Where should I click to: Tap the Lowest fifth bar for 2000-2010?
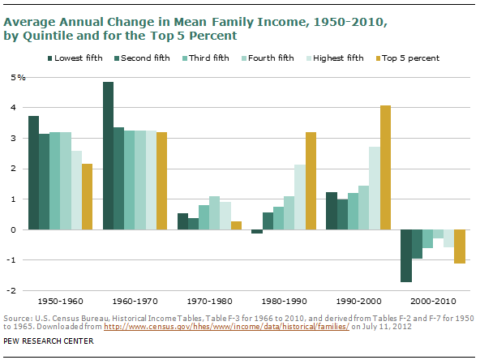click(x=406, y=255)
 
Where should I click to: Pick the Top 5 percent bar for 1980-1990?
click(x=311, y=181)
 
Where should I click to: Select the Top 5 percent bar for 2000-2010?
click(x=460, y=246)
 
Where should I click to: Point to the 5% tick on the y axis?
click(x=16, y=77)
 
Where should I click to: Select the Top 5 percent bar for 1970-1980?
click(x=236, y=225)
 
